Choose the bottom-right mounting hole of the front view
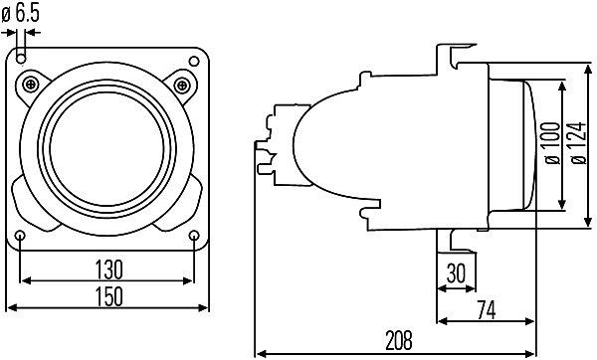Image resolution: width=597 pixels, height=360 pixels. [x=194, y=236]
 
